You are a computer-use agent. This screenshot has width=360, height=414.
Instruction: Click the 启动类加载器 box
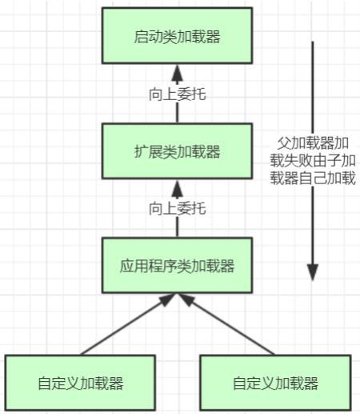click(178, 37)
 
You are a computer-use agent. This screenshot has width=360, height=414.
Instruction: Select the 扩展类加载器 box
click(178, 151)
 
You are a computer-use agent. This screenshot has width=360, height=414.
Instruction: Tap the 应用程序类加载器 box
click(178, 266)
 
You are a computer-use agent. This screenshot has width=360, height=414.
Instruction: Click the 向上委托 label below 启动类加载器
click(178, 94)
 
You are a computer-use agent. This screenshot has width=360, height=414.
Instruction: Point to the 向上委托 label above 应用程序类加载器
click(178, 208)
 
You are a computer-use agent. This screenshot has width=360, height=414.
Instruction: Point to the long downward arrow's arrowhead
click(313, 273)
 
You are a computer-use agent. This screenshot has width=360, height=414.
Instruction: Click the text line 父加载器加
click(313, 143)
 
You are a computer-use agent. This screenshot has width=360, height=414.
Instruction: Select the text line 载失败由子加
click(313, 161)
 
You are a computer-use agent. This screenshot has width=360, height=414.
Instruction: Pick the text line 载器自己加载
click(313, 179)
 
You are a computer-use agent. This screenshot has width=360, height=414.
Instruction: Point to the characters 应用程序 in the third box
click(150, 266)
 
